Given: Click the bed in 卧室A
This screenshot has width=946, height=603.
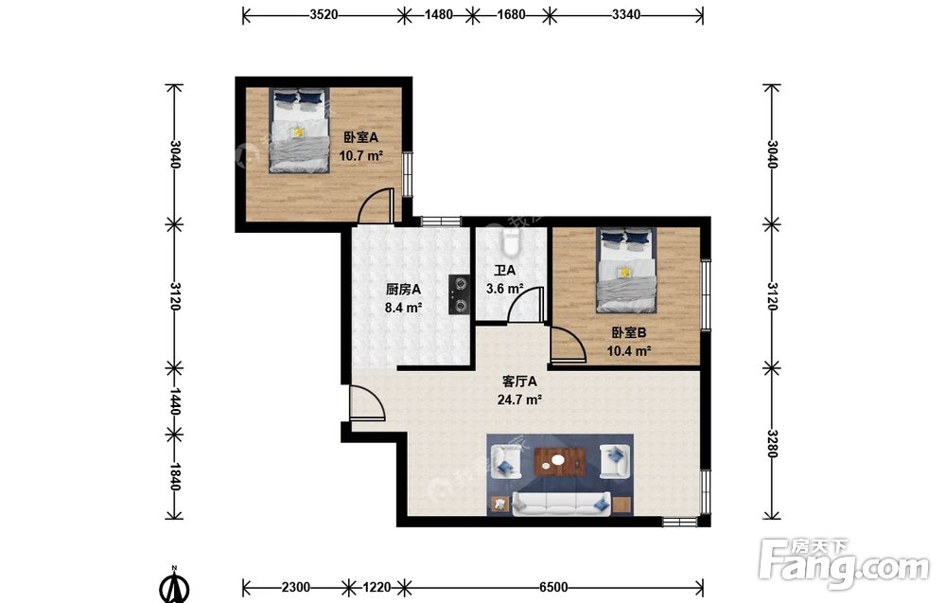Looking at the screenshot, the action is (300, 131).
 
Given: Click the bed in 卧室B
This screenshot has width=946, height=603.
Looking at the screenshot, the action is (626, 270).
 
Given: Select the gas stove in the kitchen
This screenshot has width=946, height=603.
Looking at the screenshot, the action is (460, 294).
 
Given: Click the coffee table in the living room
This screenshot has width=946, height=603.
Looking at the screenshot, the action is (560, 462).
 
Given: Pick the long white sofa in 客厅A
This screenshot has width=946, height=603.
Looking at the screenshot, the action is (562, 504).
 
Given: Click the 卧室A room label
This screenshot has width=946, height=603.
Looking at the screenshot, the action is (360, 137).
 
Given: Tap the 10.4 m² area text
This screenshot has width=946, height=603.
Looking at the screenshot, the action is (629, 350).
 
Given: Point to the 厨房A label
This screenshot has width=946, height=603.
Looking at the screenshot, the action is (403, 290).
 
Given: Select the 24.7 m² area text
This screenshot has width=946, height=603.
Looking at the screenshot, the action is (518, 399).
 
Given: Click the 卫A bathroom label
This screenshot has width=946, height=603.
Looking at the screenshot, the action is (504, 271).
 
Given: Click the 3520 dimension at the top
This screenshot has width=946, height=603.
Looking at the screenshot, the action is (324, 14).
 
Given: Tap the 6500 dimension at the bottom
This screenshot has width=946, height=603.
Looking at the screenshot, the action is (553, 587).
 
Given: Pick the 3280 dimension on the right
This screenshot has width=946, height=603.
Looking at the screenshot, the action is (772, 443).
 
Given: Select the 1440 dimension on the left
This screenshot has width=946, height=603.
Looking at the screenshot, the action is (174, 400).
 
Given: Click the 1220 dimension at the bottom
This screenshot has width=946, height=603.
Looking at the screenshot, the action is (377, 587).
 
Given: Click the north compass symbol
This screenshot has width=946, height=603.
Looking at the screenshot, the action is (174, 584).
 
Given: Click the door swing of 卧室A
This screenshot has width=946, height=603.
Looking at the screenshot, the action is (377, 205).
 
